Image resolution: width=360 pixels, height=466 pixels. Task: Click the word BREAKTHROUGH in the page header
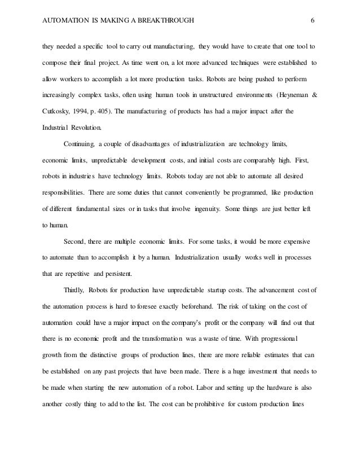coord(163,21)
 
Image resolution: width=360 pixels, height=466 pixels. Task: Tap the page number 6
coord(313,21)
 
